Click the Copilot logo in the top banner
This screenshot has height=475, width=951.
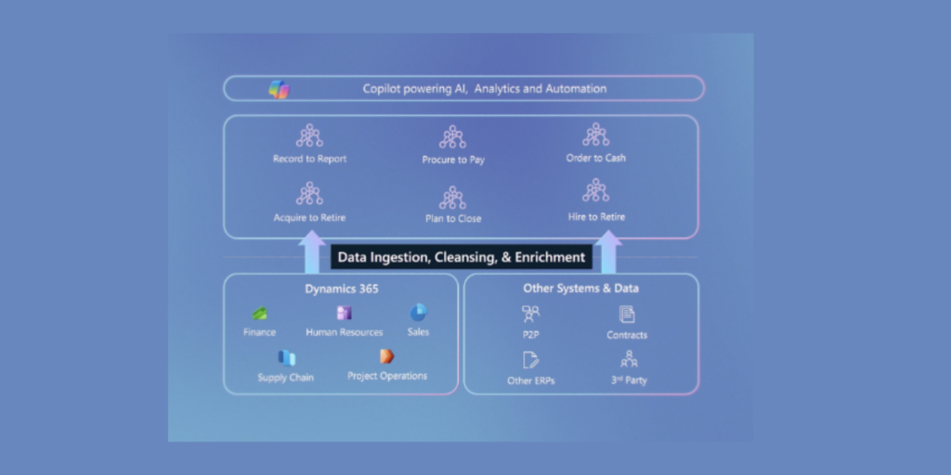point(279,89)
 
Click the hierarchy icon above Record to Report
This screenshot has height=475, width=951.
point(309,136)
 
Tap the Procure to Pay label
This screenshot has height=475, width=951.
point(453,160)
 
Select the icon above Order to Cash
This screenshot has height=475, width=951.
point(595,135)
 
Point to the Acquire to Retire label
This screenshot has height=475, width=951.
point(309,217)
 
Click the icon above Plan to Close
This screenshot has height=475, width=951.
point(452,198)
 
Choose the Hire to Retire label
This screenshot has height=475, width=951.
point(596,217)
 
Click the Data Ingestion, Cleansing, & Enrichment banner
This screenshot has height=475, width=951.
point(462,257)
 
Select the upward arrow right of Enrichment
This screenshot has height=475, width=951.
point(608,253)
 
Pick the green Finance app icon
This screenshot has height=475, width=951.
point(260,314)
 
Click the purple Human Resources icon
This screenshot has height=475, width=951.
point(344,313)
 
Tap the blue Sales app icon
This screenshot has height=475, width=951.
point(418,312)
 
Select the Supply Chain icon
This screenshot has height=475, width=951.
point(286,357)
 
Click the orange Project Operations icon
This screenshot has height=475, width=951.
point(386,356)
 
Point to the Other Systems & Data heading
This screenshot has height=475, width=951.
point(580,289)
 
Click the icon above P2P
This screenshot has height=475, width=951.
point(530,315)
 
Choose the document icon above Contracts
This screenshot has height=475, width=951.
point(627,315)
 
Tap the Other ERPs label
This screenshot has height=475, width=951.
point(531,380)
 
